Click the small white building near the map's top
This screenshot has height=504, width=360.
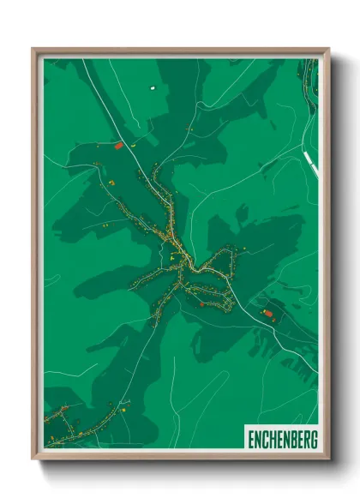[x=153, y=87]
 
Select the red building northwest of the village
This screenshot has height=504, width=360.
[x=119, y=147]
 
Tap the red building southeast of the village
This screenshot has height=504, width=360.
[x=267, y=315]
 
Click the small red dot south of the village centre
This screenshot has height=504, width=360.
[x=201, y=303]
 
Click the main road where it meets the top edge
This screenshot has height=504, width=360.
[x=84, y=60]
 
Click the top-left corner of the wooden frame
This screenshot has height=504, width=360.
[x=33, y=50]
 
